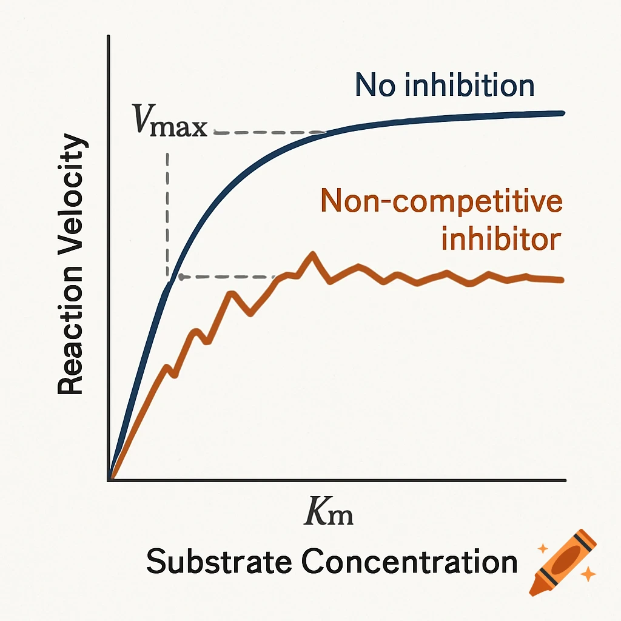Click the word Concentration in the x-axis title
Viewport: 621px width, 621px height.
(409, 562)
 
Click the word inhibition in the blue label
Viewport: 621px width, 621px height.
(469, 86)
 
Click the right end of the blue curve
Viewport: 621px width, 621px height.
(563, 113)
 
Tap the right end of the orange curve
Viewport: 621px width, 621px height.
(562, 280)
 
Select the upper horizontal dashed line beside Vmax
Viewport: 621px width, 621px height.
(267, 132)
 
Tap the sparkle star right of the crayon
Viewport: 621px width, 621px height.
(586, 572)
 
